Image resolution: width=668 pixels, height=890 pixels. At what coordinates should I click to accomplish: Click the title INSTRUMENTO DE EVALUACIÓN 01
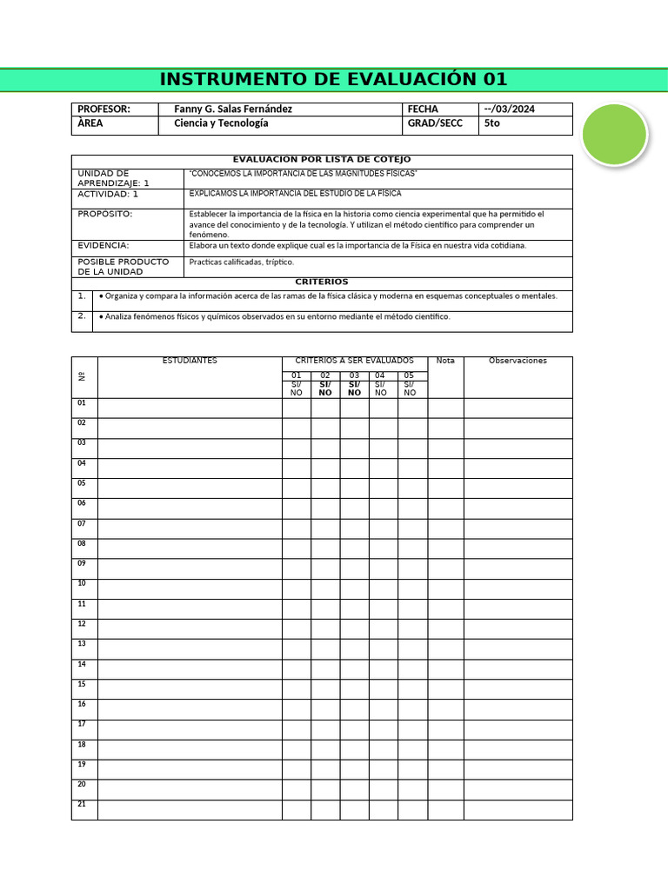333,80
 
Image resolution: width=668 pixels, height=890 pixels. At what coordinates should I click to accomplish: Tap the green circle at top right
614,134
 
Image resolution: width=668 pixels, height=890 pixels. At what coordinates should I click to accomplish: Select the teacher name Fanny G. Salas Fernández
233,110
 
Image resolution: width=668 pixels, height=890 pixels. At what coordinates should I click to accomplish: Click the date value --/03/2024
509,110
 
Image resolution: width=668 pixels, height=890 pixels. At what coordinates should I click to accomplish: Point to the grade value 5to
492,124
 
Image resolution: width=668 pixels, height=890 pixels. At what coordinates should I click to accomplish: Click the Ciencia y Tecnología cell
221,124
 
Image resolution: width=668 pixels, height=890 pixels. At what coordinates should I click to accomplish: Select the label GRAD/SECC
434,124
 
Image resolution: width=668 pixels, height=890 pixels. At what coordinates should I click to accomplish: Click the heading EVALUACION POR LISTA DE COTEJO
322,160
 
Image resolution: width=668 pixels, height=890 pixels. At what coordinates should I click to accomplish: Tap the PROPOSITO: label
105,214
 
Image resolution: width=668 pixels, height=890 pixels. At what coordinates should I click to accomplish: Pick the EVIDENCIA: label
104,246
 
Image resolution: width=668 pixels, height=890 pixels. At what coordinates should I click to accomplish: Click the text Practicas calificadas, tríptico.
242,262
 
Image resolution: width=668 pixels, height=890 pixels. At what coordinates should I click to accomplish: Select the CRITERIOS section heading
322,282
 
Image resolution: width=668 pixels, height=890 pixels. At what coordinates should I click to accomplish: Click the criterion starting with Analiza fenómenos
277,317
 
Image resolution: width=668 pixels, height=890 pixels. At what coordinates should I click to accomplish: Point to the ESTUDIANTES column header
190,361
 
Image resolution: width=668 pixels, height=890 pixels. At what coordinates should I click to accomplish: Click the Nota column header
445,361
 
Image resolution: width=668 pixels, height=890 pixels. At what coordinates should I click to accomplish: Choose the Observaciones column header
518,361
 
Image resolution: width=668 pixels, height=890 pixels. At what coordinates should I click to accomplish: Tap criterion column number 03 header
354,375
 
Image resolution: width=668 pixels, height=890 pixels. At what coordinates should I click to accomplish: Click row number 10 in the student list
82,583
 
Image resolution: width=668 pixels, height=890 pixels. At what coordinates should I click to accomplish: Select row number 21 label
82,804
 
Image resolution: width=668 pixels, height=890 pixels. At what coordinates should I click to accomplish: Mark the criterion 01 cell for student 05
297,488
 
